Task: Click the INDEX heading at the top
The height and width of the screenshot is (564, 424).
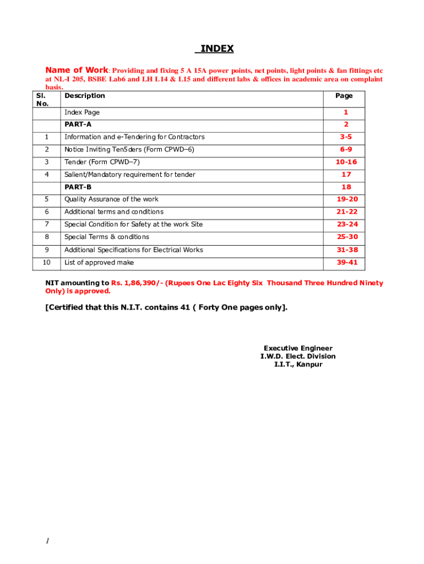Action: click(x=216, y=49)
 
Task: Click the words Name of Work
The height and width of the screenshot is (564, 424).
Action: click(x=77, y=70)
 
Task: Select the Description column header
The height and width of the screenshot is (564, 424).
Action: click(x=84, y=96)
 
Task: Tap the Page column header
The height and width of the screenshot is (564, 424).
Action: click(x=344, y=96)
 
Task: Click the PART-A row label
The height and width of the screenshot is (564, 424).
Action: click(x=78, y=124)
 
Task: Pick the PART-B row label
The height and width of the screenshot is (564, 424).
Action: click(x=78, y=187)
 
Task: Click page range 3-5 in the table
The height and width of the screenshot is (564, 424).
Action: click(x=346, y=137)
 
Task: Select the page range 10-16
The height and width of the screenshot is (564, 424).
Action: click(x=346, y=162)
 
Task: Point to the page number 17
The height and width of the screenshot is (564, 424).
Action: click(x=346, y=175)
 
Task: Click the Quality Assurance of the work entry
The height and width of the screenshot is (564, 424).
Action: click(x=111, y=199)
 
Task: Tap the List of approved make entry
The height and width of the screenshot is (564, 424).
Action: click(x=99, y=263)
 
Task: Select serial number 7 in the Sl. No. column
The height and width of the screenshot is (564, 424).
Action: click(x=47, y=224)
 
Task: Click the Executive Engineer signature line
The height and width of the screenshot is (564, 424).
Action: click(x=298, y=348)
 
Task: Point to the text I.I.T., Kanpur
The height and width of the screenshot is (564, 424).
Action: click(x=298, y=365)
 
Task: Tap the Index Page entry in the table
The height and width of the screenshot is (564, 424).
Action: click(x=82, y=112)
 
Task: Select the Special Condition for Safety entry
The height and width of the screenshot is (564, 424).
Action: click(x=133, y=224)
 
